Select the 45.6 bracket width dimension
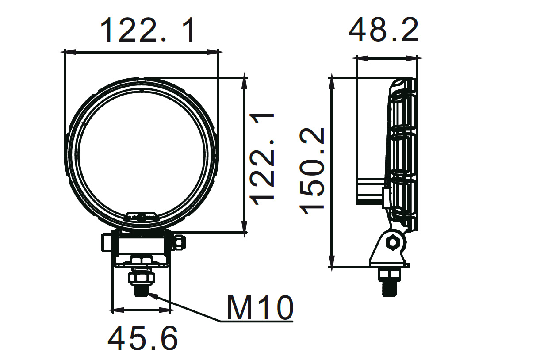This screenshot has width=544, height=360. (x=142, y=338)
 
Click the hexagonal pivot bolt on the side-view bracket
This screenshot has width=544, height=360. (x=392, y=242)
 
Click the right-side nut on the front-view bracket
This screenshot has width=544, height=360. (x=180, y=242)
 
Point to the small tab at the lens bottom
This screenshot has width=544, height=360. (x=142, y=217)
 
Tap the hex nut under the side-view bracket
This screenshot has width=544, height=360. (x=389, y=275)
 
